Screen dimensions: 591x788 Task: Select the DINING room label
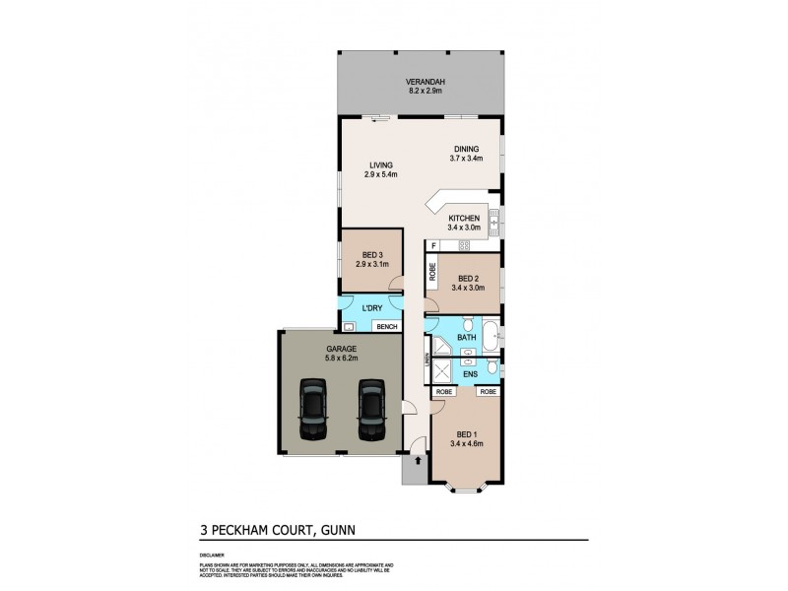coord(465,149)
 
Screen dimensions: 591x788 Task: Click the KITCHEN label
coord(463,218)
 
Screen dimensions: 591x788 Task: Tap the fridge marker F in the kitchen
coord(432,245)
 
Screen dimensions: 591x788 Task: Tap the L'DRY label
coord(372,308)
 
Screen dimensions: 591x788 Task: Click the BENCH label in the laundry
coord(386,326)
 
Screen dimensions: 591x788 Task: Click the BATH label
coord(466,340)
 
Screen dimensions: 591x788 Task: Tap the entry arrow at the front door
coord(418,459)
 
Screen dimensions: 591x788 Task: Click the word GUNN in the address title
coord(334,530)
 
